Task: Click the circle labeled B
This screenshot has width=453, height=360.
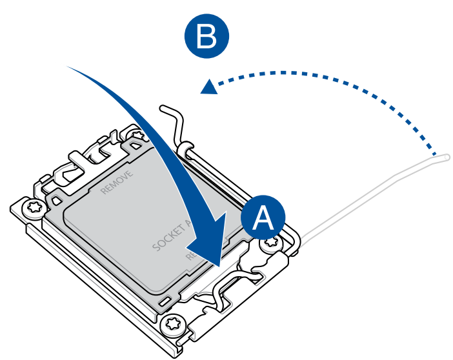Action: [206, 37]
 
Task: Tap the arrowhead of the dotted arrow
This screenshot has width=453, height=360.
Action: [208, 86]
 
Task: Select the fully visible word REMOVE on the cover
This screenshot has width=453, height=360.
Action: [117, 183]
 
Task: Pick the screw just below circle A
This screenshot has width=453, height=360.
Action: [270, 244]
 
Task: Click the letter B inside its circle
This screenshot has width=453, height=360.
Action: [206, 37]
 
